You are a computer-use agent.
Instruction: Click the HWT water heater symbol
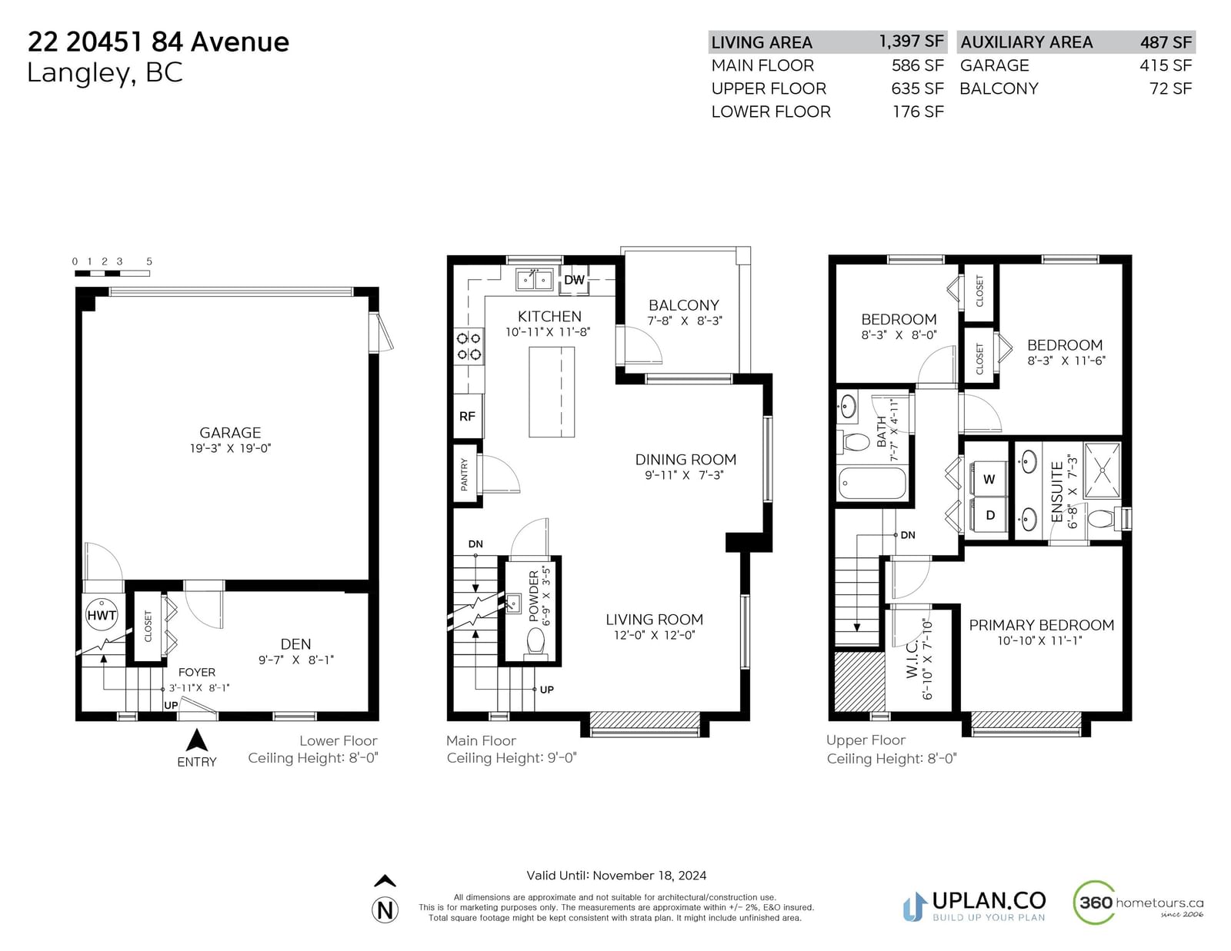click(102, 615)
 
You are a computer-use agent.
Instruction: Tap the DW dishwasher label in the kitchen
click(574, 280)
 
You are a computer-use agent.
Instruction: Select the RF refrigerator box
click(467, 416)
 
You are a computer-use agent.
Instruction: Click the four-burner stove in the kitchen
click(469, 347)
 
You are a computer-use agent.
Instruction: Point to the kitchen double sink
click(534, 280)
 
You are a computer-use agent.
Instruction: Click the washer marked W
click(989, 479)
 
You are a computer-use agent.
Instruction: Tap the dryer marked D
click(989, 515)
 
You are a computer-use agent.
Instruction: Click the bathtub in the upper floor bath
click(872, 483)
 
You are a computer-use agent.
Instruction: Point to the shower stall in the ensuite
click(1102, 471)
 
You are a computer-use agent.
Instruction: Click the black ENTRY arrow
click(196, 740)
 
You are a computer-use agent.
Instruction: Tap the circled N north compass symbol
click(385, 910)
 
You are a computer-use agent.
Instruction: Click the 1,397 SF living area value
click(911, 42)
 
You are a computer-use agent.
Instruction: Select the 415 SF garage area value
click(1166, 65)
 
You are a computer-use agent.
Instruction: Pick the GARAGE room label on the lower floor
click(230, 433)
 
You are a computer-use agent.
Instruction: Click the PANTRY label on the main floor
click(465, 474)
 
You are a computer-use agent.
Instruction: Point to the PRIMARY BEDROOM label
click(1041, 625)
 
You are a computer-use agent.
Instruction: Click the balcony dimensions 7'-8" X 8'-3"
click(684, 321)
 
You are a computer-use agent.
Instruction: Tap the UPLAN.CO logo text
click(989, 900)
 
